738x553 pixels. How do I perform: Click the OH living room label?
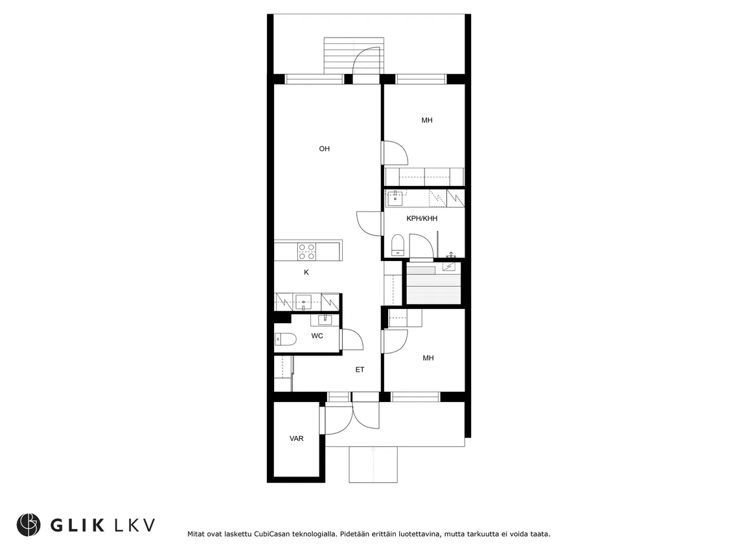(324, 149)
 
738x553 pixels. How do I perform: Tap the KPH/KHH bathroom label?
(422, 219)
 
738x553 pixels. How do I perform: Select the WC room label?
(317, 336)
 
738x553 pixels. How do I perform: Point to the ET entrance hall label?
(360, 370)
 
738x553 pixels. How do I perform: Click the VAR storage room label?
(297, 439)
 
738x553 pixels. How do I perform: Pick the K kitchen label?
(306, 273)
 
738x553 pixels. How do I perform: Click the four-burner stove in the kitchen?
(306, 252)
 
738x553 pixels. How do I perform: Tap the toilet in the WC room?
(285, 339)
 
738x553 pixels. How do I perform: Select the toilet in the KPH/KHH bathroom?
(398, 245)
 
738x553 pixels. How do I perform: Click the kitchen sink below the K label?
(305, 302)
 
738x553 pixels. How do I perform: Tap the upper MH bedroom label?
(427, 120)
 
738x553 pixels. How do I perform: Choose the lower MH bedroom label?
(428, 358)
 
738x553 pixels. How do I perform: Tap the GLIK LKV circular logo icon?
(29, 525)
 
